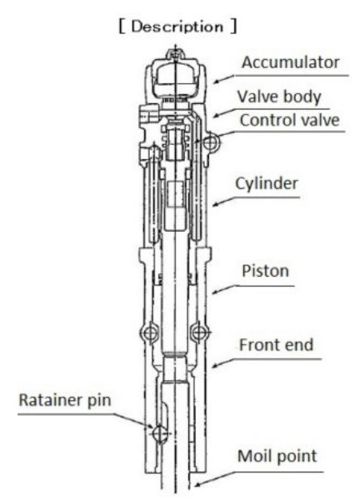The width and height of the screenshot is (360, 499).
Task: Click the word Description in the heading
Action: coord(177,26)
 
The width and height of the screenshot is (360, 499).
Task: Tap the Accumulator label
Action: coord(290,62)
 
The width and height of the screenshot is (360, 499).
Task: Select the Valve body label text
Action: coord(279,97)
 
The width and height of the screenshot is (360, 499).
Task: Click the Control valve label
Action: coord(290,120)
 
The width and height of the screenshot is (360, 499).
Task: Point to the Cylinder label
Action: coord(266,184)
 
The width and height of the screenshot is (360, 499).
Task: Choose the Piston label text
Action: coord(266,271)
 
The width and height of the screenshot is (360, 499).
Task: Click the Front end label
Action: coord(276,345)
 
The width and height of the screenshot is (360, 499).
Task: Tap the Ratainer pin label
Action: coord(65,401)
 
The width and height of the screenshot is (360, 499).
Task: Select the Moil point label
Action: coord(278,457)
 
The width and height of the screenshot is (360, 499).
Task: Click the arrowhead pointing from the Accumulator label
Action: coord(216,82)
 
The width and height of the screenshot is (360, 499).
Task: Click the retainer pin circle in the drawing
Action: coord(160,433)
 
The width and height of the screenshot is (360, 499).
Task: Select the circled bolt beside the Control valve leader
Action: coord(211,142)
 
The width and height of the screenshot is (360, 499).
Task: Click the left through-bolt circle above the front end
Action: coord(150,333)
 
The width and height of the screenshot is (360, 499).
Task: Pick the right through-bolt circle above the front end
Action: coord(199,333)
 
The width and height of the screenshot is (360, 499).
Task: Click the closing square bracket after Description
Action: coord(234,26)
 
